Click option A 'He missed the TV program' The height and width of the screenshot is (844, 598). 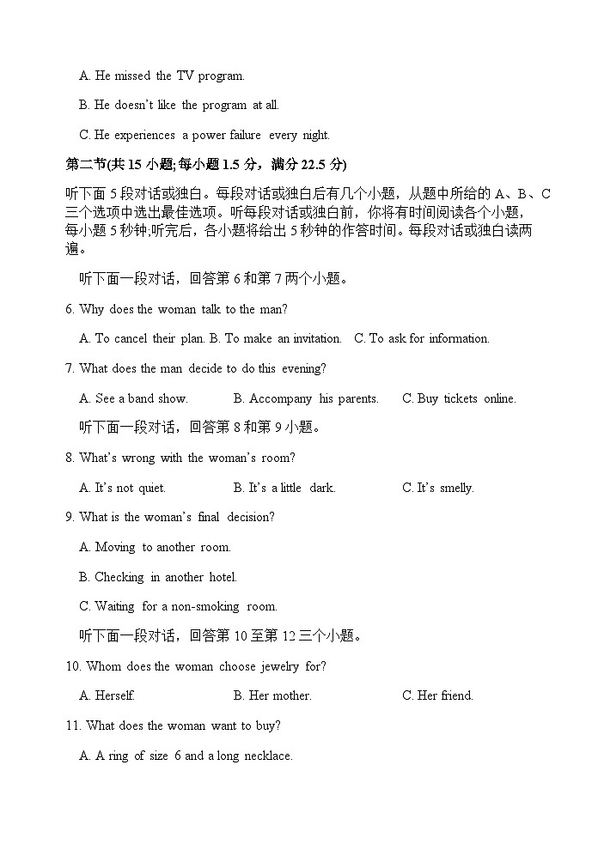click(x=162, y=76)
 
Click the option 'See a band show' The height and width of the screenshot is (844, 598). click(x=133, y=398)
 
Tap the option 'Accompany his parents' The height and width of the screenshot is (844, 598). click(x=306, y=398)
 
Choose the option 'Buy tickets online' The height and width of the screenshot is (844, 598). click(x=459, y=398)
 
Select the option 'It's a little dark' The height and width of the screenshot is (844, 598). click(x=284, y=488)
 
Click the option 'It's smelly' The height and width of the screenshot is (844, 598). click(x=438, y=488)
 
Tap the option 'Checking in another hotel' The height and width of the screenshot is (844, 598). click(x=158, y=577)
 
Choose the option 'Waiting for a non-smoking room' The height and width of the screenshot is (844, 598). click(x=178, y=606)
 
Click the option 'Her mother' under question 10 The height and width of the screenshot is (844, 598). click(x=272, y=695)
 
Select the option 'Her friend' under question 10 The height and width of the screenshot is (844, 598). click(x=437, y=695)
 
